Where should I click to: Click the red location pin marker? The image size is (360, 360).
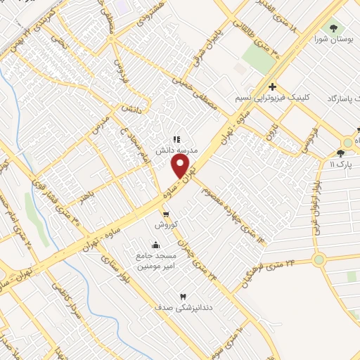click(x=181, y=165)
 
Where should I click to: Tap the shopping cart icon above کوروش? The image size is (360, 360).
click(x=166, y=214)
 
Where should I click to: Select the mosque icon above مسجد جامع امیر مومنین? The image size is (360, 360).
click(x=155, y=245)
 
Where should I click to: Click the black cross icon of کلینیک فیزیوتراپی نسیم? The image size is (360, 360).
click(x=272, y=86)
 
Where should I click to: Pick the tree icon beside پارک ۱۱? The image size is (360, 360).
click(x=341, y=153)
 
